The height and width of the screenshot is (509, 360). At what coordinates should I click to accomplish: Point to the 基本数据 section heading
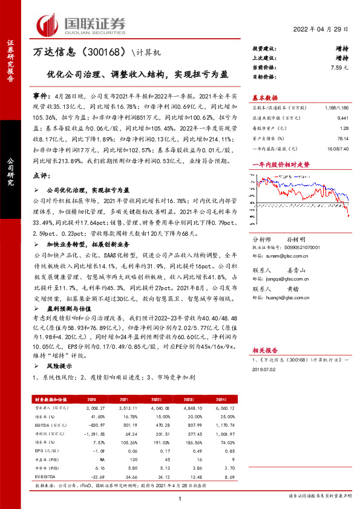coord(264,97)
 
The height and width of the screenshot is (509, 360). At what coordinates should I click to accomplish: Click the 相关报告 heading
coord(264,349)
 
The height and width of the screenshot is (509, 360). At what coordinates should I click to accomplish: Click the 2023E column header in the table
coord(198,400)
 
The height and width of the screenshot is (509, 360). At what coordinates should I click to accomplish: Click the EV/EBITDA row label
coord(47,477)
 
